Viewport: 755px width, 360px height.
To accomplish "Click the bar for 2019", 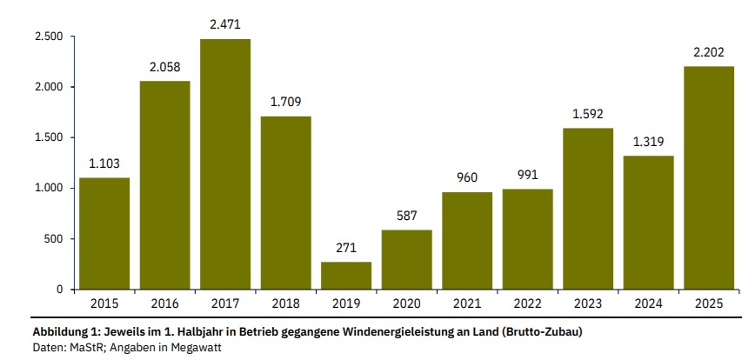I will click(346, 275).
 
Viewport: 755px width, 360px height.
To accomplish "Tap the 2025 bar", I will click(709, 177).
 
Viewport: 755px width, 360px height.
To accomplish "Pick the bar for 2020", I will click(406, 259).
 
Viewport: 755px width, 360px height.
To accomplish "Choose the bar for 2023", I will click(588, 209).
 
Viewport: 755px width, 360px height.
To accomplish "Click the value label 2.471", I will click(225, 24).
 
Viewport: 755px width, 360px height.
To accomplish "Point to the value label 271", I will click(346, 247).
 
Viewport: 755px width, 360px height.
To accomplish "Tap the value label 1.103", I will click(104, 163).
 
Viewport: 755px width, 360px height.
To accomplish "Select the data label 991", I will click(527, 174).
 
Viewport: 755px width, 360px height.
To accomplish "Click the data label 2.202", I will click(709, 52).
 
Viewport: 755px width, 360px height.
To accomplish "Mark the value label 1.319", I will click(648, 141).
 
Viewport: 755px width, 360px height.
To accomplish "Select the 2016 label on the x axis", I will click(164, 303).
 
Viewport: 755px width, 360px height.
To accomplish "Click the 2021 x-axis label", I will click(467, 303).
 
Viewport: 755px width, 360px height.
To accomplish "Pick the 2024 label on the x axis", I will click(648, 303).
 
